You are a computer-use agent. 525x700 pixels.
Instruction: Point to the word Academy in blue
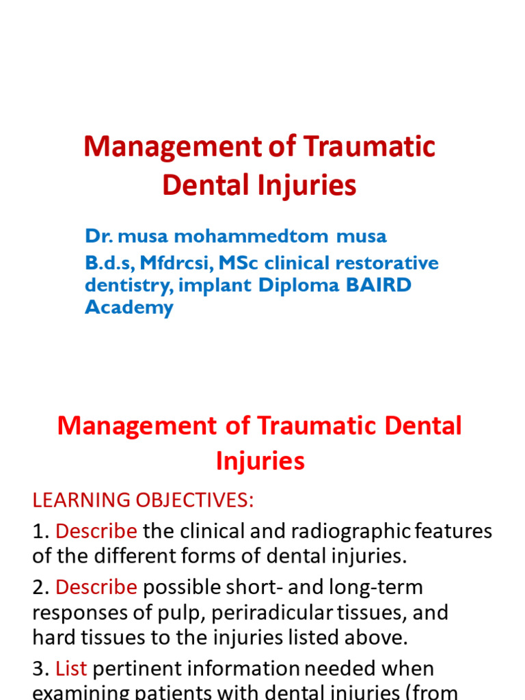(x=129, y=307)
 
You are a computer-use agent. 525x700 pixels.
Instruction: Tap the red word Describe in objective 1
(x=96, y=531)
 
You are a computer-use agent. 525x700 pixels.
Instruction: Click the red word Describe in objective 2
(x=96, y=587)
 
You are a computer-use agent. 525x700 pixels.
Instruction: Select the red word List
(x=71, y=668)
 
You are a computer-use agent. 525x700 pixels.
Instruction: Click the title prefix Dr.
(x=99, y=237)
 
